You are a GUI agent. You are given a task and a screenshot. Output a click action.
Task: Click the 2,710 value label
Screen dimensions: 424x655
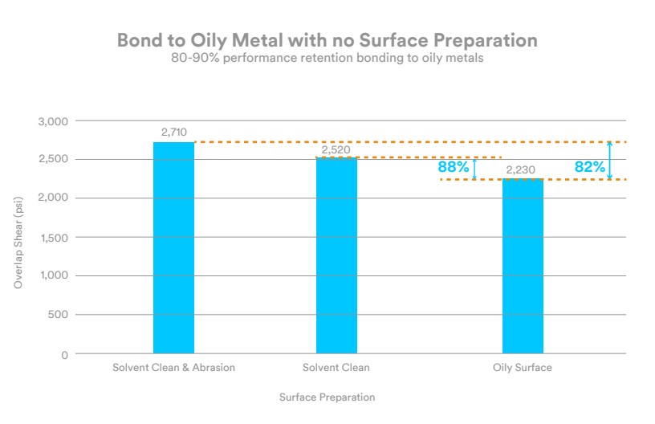click(x=174, y=130)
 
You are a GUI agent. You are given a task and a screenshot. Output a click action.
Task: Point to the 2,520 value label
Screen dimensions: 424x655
click(x=336, y=149)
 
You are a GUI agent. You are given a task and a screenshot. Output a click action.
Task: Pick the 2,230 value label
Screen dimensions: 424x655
click(x=520, y=170)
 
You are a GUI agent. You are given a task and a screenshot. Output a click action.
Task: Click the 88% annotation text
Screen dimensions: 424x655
click(x=454, y=168)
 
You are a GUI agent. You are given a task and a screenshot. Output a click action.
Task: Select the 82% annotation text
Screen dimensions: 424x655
click(x=589, y=167)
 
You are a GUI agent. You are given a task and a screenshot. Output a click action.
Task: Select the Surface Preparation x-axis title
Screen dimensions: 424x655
click(x=327, y=397)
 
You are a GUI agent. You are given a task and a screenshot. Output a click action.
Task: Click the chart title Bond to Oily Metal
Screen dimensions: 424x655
click(x=327, y=40)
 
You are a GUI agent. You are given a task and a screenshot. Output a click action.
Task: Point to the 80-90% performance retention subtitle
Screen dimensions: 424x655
click(x=327, y=59)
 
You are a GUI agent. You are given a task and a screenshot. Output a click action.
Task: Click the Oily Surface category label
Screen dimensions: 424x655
click(x=523, y=368)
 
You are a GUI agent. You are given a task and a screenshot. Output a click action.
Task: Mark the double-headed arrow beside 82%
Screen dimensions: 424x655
click(x=610, y=161)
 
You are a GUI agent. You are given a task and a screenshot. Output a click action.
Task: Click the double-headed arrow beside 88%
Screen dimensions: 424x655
click(x=474, y=169)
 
